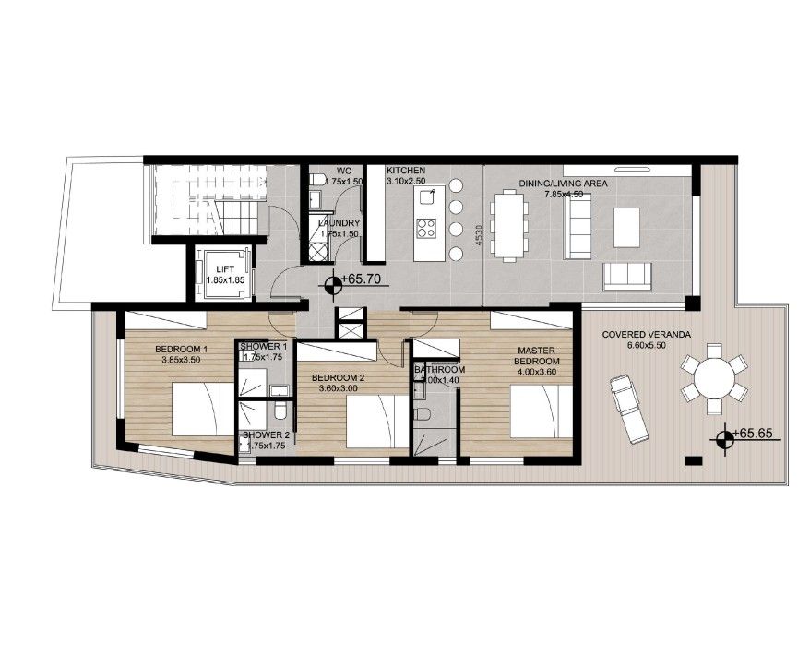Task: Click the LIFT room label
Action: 225,269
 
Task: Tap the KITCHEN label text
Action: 406,171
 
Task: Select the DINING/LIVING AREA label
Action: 563,184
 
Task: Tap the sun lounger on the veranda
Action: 628,409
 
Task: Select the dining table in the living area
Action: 509,224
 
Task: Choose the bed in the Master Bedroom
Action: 542,411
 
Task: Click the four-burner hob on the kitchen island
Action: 426,229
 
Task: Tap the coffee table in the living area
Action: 626,227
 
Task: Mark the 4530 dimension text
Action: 479,236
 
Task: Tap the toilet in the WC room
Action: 317,179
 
